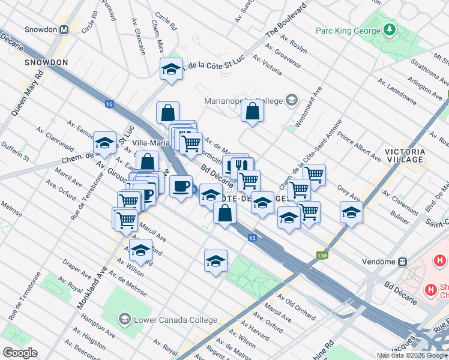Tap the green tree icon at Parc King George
(x=390, y=29)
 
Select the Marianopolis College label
(x=244, y=100)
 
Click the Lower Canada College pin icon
(x=124, y=317)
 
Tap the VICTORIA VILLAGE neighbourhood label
(x=405, y=156)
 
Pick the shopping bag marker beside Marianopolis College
(x=253, y=111)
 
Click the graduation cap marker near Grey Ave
(x=351, y=211)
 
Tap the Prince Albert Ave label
(x=359, y=149)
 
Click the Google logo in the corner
(x=19, y=353)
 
